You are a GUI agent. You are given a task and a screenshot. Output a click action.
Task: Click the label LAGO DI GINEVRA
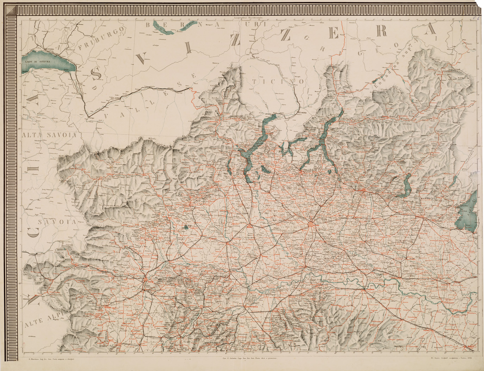(38, 62)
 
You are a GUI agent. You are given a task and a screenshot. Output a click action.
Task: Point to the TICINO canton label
(278, 81)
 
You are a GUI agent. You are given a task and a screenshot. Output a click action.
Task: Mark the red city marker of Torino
(145, 280)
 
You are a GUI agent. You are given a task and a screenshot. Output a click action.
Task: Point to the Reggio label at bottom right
(470, 347)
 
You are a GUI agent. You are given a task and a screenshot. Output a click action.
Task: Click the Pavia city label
(302, 267)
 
